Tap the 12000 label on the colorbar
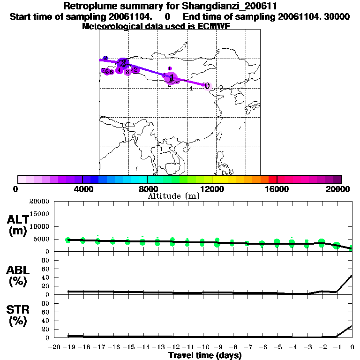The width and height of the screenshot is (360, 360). click(212, 189)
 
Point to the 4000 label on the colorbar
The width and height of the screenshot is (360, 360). click(82, 189)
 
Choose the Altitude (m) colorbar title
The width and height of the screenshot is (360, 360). click(173, 196)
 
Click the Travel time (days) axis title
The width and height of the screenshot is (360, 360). click(205, 356)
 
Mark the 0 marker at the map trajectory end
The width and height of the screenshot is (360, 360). click(207, 86)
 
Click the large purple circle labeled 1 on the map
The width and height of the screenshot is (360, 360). click(172, 77)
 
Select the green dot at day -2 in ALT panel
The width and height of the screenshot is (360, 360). click(322, 243)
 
